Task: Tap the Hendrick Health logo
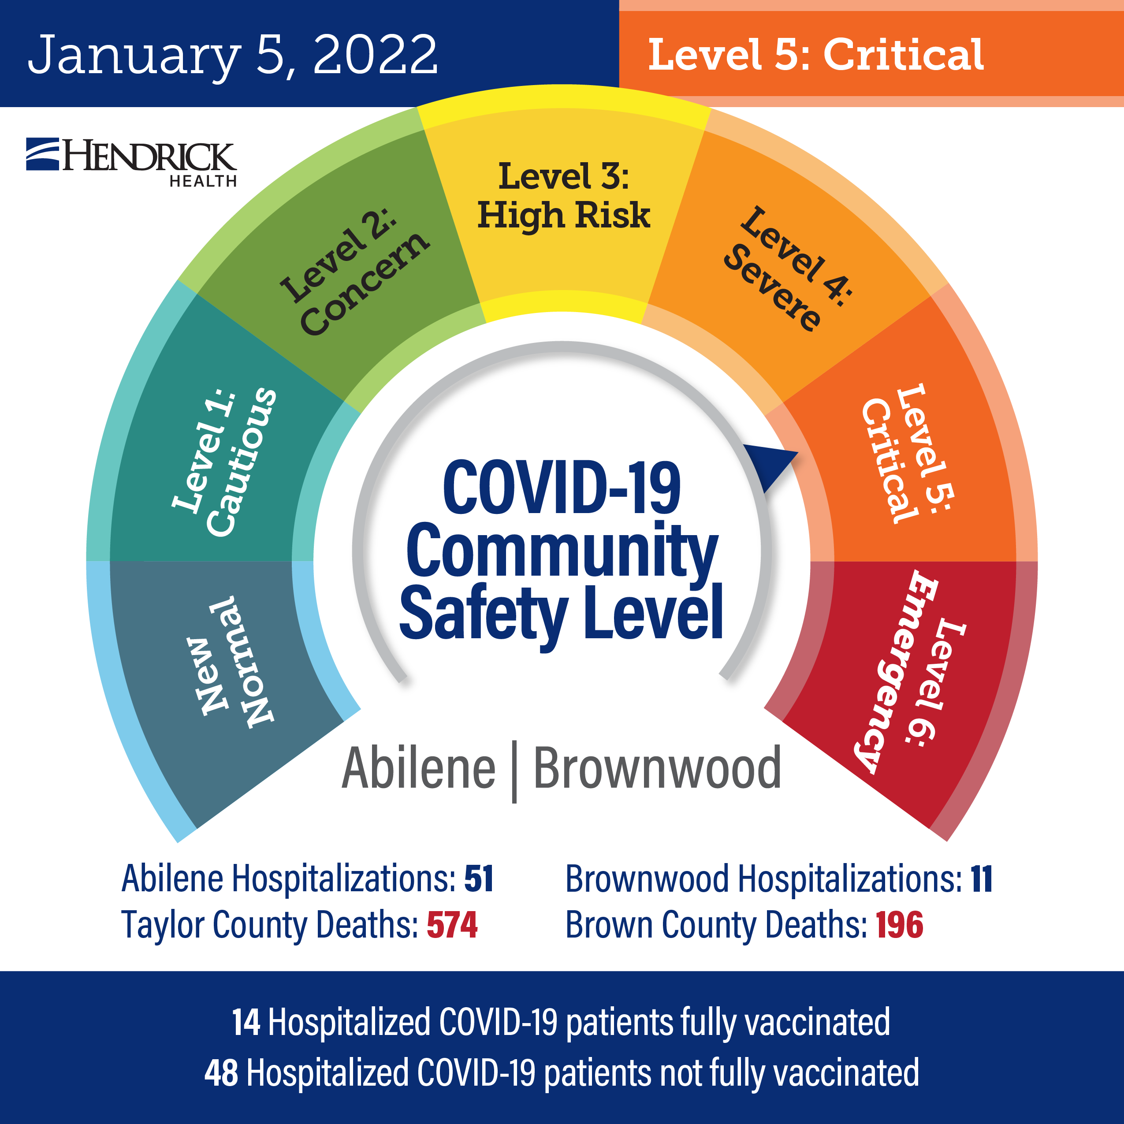click(x=131, y=162)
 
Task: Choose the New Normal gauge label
click(x=229, y=662)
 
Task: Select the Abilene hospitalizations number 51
click(x=479, y=878)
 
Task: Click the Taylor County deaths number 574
click(x=452, y=925)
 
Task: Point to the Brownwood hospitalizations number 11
click(x=982, y=878)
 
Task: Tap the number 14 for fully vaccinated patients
click(x=246, y=1022)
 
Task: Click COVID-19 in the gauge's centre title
click(x=562, y=488)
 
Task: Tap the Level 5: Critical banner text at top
click(x=815, y=55)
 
